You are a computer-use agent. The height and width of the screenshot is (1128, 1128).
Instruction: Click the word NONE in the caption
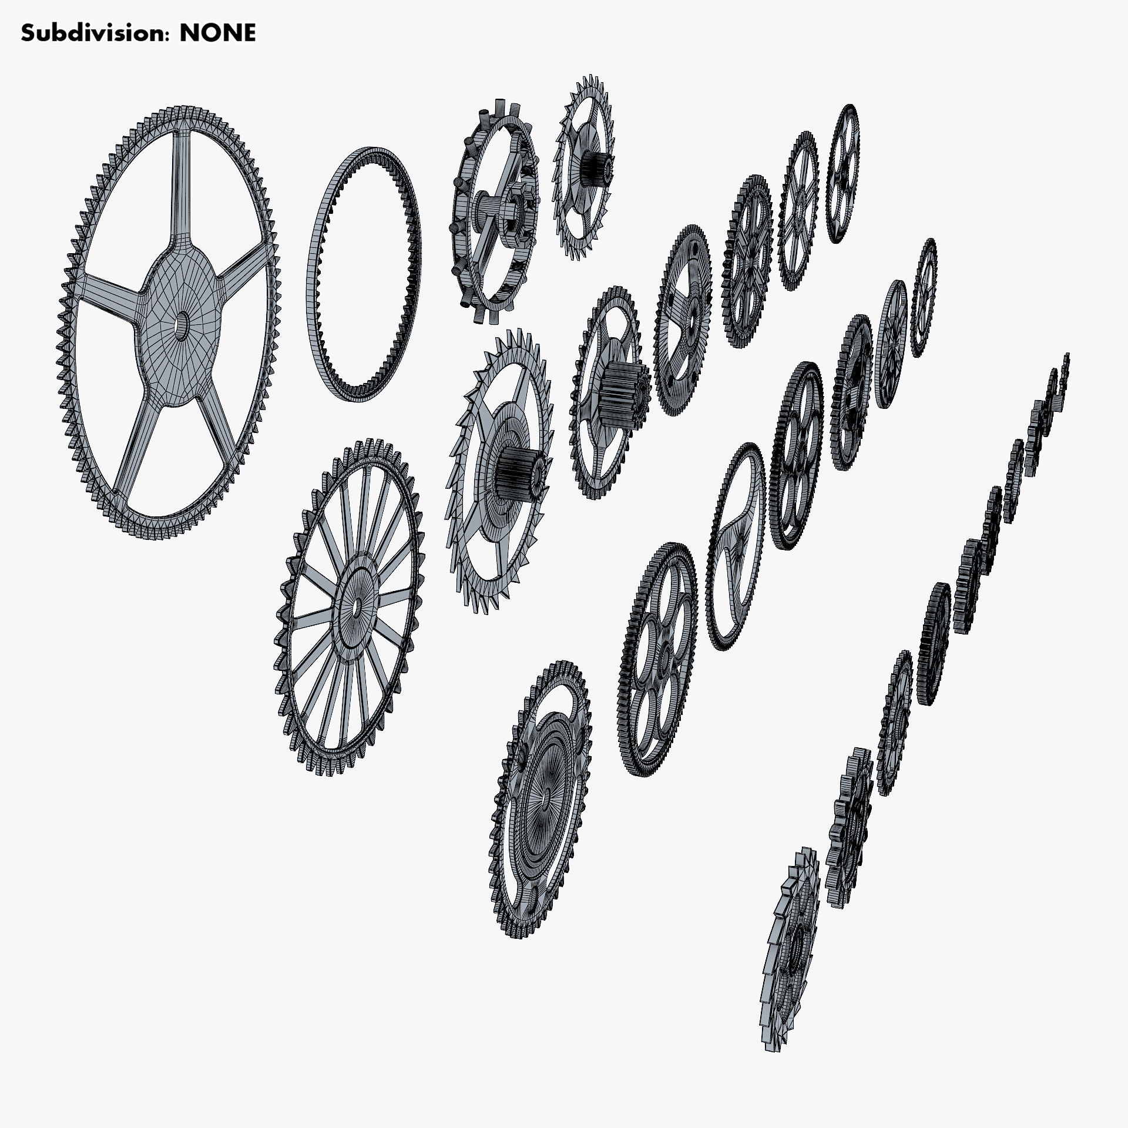pos(217,33)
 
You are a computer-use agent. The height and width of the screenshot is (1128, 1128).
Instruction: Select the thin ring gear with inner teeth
pos(364,274)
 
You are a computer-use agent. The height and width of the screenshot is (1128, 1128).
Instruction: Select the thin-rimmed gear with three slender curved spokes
pos(732,546)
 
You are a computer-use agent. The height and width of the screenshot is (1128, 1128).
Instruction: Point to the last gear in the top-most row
pos(843,174)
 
